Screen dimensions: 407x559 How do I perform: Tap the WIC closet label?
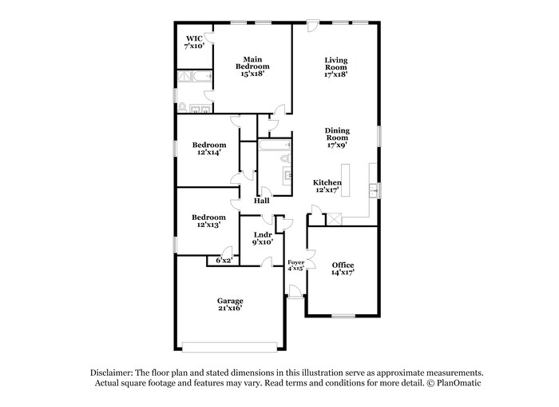coord(195,42)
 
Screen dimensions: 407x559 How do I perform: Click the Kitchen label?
coord(327,186)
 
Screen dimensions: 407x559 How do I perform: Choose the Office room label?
coord(343,269)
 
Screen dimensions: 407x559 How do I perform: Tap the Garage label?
coord(230,305)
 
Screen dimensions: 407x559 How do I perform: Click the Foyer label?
coord(295,265)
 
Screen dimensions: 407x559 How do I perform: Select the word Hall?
coord(261,201)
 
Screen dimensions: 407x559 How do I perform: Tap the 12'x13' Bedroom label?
coord(208,221)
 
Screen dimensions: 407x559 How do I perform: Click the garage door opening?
coord(230,346)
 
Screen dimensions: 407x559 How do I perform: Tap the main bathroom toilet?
coord(183,107)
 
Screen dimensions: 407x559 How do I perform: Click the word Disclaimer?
coord(111,373)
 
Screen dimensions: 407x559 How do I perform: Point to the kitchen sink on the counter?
coord(373,190)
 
